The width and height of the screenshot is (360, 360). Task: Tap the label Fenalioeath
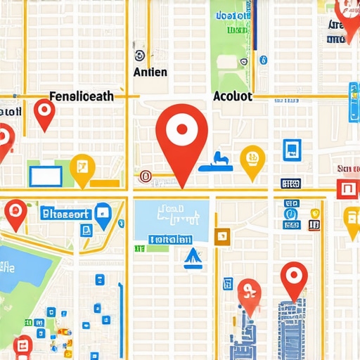[82, 97]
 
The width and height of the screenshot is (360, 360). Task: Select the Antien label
[150, 72]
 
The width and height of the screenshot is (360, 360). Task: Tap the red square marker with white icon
[347, 188]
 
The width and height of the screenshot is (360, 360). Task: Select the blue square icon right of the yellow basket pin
[291, 150]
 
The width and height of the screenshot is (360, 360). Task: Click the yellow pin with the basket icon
[250, 159]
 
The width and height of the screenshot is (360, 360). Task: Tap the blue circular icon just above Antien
[139, 56]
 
